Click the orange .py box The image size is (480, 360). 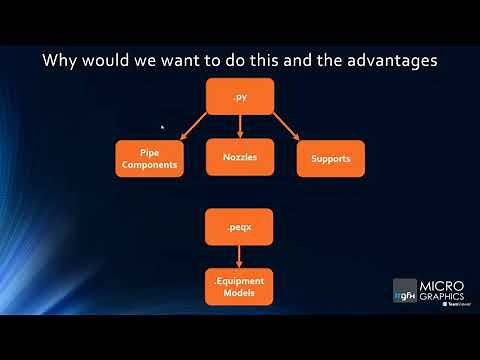[240, 96]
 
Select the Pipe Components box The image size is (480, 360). [150, 158]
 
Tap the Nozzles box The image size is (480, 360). [240, 158]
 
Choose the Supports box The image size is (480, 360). [330, 158]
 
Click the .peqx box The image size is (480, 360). [240, 227]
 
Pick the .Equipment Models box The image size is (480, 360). [240, 287]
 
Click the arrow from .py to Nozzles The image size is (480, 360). [240, 126]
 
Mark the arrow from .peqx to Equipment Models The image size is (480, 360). [240, 256]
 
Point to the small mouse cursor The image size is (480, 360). [163, 127]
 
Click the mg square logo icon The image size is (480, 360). [404, 291]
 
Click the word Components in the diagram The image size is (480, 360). [150, 164]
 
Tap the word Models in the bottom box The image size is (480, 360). [240, 294]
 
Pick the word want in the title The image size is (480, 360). [186, 60]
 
